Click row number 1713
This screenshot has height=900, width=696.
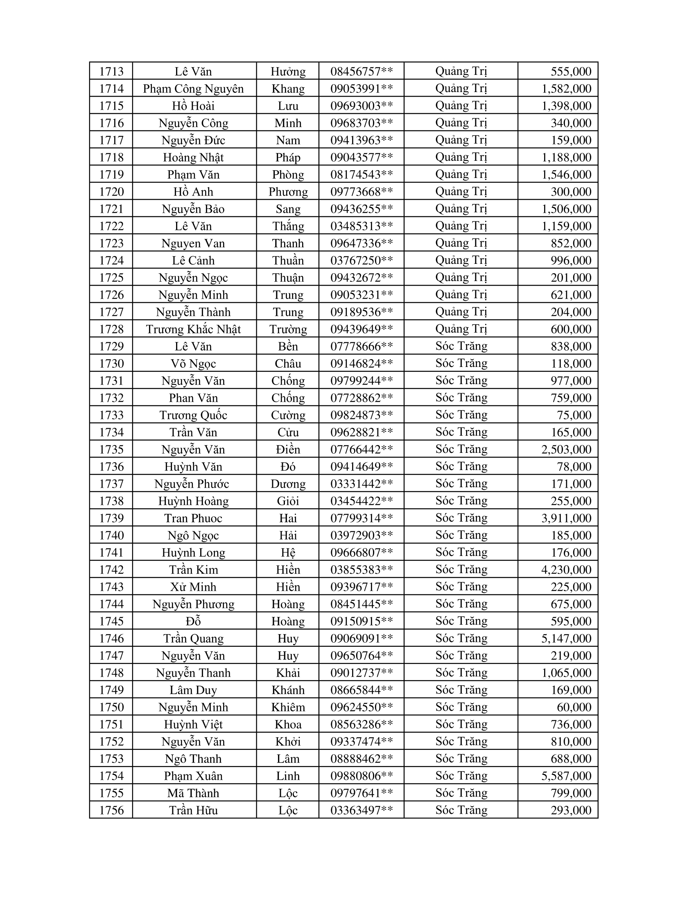[111, 71]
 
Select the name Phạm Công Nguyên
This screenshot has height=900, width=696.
[193, 89]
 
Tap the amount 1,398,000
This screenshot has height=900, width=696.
[566, 106]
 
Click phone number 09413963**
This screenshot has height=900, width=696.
[362, 140]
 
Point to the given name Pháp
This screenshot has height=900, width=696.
[288, 157]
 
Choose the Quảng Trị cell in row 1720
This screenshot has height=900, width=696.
[461, 191]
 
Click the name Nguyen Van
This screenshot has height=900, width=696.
[193, 243]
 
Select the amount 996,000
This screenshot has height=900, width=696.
[571, 261]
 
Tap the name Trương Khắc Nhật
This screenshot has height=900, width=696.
[193, 329]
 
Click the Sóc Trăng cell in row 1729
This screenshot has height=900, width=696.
[461, 346]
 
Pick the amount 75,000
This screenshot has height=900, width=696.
[574, 415]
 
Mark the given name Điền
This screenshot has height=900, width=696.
[288, 449]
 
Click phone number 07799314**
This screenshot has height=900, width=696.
[362, 518]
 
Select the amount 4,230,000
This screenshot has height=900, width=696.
[566, 569]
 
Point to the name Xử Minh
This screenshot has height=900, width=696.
[193, 587]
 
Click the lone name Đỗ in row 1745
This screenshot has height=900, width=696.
[193, 621]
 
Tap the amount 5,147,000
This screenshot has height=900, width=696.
[566, 638]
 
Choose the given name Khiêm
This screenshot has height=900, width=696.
[288, 707]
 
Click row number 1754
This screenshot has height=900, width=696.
[111, 776]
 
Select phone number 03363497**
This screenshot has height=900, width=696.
[362, 810]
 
